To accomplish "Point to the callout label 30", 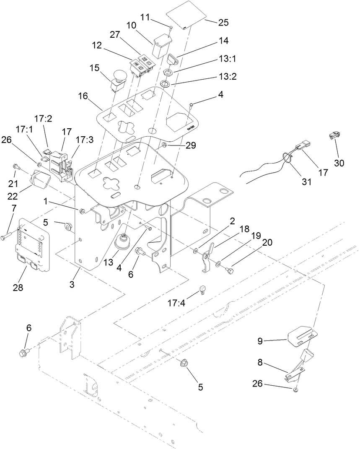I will [x=339, y=163].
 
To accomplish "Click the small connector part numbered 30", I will [x=334, y=135].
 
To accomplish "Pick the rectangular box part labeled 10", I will [x=162, y=46].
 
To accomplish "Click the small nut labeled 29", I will [x=164, y=145].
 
